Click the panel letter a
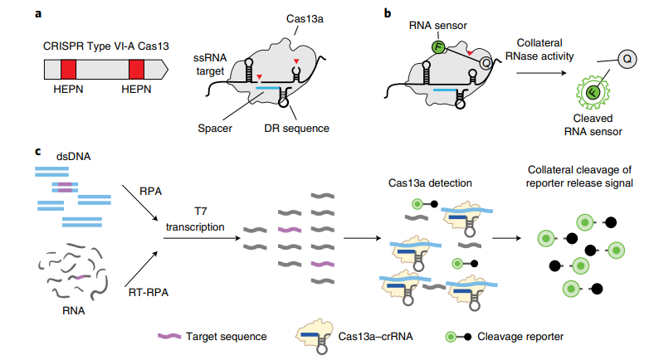(38, 14)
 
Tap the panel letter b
(388, 13)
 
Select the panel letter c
(38, 151)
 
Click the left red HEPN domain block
(68, 70)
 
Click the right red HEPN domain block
(136, 70)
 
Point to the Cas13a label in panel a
(305, 19)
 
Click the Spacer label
(215, 128)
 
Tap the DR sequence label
(296, 128)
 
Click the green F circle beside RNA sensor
(438, 47)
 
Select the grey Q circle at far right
(627, 59)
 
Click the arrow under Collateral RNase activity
(541, 73)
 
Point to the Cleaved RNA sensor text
(593, 124)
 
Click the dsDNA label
(74, 157)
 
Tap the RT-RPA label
(149, 292)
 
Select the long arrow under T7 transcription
(202, 238)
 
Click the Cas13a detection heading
(430, 183)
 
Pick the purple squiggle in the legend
(169, 336)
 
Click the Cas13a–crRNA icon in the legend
(315, 335)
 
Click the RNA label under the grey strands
(74, 311)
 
